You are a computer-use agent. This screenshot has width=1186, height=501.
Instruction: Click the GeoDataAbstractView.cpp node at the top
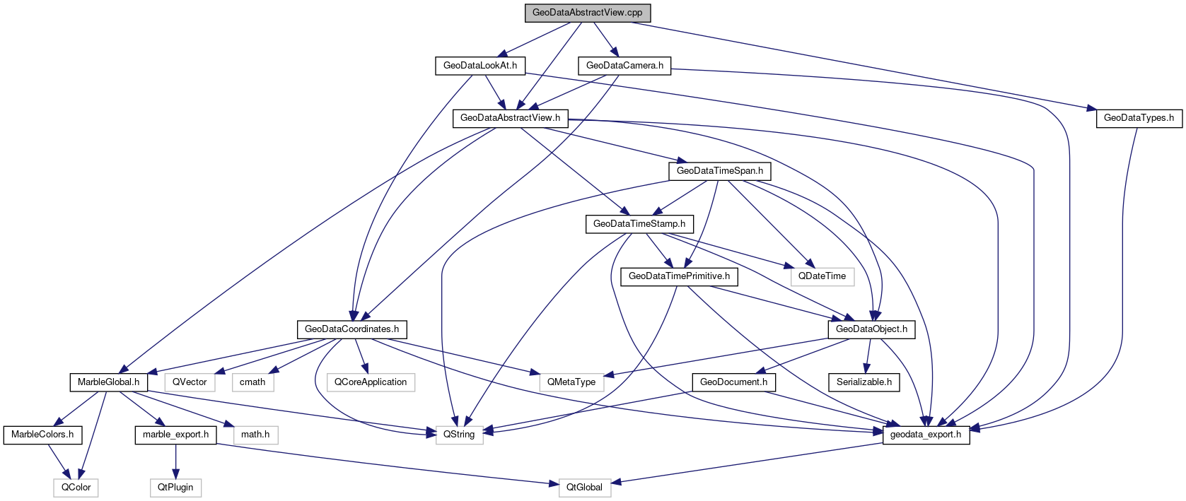coord(587,13)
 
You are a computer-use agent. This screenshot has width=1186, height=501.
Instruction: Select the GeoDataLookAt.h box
coord(479,66)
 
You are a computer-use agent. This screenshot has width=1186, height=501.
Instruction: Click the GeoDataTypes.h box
coord(1138,118)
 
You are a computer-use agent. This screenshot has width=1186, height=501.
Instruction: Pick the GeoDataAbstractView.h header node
coord(510,118)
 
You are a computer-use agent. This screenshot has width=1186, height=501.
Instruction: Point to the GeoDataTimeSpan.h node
coord(719,171)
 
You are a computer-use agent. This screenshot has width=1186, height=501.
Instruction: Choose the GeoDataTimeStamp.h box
coord(639,224)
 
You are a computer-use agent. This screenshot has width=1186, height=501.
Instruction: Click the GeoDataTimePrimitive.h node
coord(679,276)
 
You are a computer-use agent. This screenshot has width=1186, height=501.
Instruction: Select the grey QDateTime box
coord(822,276)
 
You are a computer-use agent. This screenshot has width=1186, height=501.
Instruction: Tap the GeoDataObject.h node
coord(871,329)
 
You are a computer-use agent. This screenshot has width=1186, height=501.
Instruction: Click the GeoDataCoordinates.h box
coord(351,329)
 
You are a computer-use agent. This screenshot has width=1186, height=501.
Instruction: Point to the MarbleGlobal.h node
coord(108,382)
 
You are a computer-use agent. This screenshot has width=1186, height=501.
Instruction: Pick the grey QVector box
coord(190,382)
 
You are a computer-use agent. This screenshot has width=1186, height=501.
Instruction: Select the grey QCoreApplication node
coord(371,382)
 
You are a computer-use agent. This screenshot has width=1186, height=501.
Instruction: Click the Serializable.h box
coord(864,382)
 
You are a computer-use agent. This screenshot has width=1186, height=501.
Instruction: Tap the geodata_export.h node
coord(925,435)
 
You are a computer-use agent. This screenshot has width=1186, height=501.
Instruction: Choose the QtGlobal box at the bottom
coord(584,488)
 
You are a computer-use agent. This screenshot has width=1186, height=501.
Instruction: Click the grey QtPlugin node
coord(175,488)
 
